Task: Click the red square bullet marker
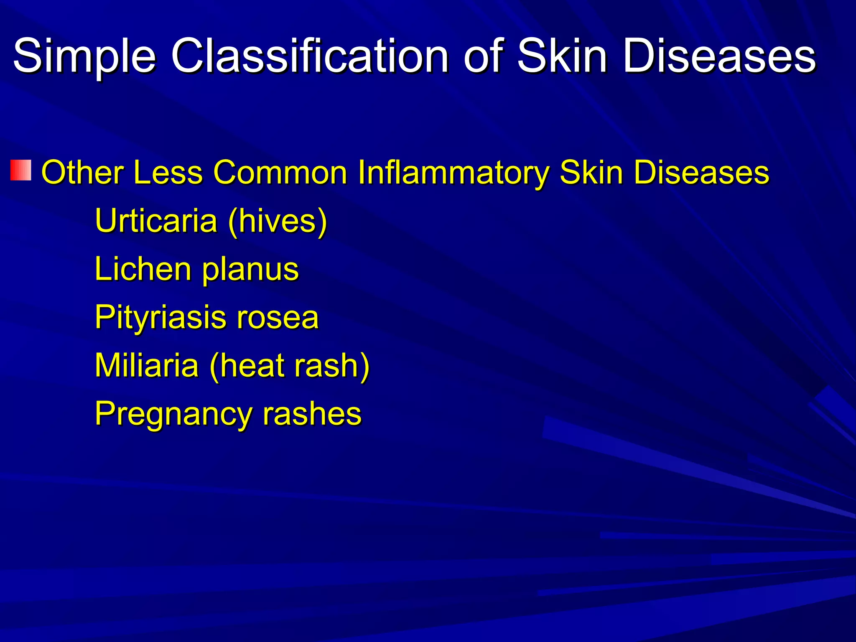click(21, 170)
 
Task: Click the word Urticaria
click(156, 221)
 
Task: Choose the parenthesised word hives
click(278, 221)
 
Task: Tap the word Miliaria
click(147, 365)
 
